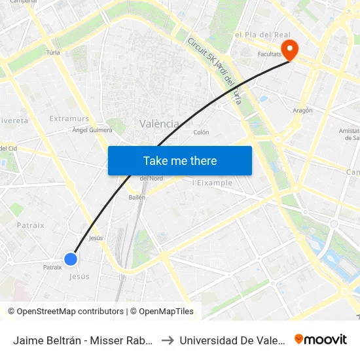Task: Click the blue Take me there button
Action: tap(180, 160)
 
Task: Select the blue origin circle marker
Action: tap(71, 259)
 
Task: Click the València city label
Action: tap(159, 124)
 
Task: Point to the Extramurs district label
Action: tap(69, 118)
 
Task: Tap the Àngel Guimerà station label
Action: tap(92, 130)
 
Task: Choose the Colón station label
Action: tap(202, 132)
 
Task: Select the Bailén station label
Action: tap(137, 196)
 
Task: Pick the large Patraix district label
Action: tap(30, 225)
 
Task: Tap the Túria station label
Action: tap(54, 52)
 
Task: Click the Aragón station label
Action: tap(302, 111)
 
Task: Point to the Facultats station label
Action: tap(269, 55)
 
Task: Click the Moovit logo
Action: tap(321, 339)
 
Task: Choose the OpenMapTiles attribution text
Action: tap(162, 312)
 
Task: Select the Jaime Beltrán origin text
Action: tap(83, 340)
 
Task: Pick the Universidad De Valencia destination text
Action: tap(232, 340)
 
